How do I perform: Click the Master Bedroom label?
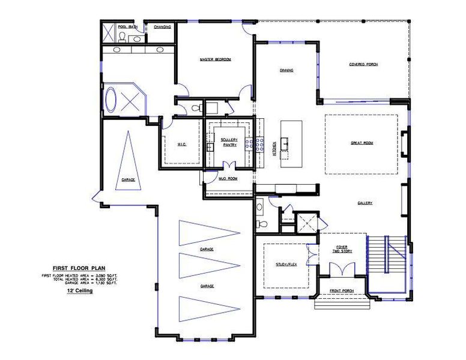[x=215, y=59]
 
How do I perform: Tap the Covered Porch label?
[x=363, y=64]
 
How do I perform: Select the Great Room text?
[x=362, y=143]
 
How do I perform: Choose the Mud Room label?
[x=228, y=178]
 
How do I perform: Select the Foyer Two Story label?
[x=342, y=248]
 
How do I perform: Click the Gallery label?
[x=365, y=203]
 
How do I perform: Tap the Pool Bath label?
[x=127, y=26]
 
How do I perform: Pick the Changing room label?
[x=162, y=26]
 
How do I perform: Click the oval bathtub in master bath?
[x=112, y=101]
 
